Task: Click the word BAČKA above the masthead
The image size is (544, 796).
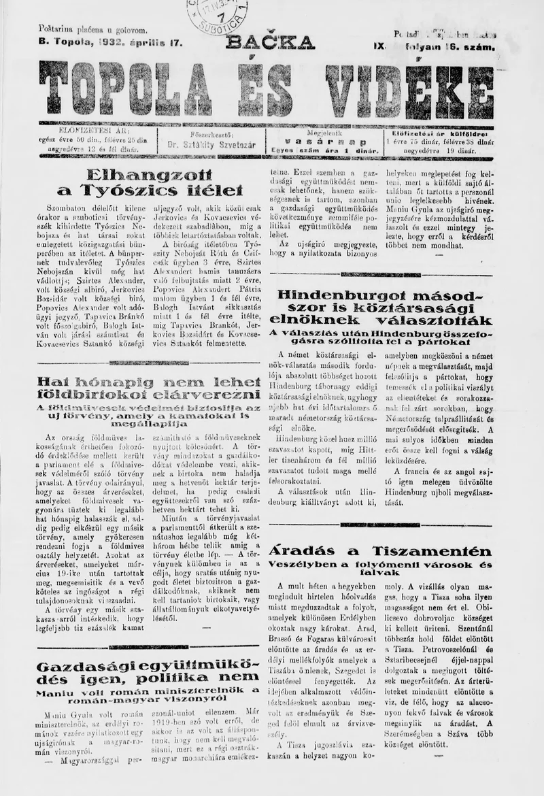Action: pyautogui.click(x=270, y=42)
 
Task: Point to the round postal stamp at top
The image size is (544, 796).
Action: pyautogui.click(x=218, y=15)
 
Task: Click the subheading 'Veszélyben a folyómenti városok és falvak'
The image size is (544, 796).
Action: pyautogui.click(x=379, y=569)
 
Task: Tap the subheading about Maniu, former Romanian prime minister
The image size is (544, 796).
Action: pyautogui.click(x=148, y=697)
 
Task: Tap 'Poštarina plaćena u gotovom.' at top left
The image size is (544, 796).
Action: pyautogui.click(x=93, y=30)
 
